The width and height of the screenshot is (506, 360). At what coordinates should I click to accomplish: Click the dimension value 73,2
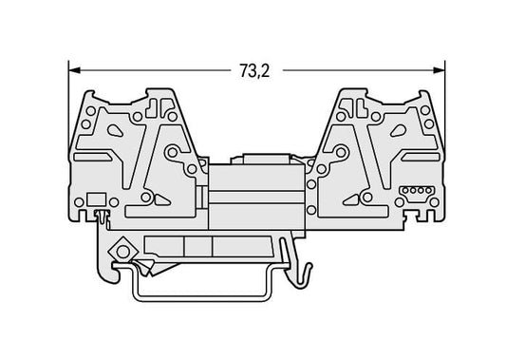click(254, 70)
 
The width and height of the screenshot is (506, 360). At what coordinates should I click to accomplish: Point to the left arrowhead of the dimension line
click(75, 70)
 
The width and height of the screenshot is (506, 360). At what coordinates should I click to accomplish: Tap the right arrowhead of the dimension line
click(439, 70)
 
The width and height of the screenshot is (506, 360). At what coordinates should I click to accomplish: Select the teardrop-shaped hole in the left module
click(115, 130)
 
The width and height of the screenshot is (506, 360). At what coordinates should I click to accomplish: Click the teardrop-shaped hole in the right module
click(399, 130)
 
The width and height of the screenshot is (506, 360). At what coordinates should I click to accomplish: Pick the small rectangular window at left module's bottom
click(97, 199)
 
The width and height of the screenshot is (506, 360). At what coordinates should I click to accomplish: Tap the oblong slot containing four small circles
click(417, 191)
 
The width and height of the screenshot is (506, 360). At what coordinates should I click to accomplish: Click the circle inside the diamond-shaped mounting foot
click(123, 252)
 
